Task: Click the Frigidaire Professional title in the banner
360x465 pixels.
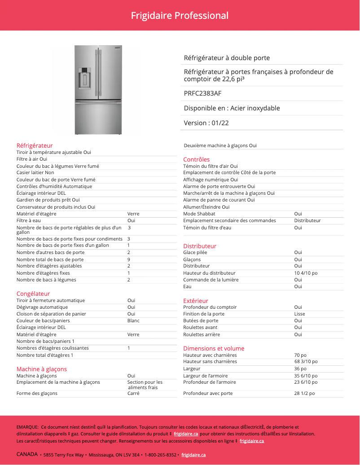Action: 180,16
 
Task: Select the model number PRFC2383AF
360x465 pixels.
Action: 202,93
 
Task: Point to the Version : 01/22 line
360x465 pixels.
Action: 206,123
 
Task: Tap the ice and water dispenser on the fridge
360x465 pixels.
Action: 84,78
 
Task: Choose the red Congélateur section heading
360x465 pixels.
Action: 33,294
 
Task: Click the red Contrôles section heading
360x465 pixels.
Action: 196,159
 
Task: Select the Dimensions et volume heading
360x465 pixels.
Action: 214,348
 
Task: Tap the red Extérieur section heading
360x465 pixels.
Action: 196,301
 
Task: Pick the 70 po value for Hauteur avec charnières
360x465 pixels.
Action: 300,355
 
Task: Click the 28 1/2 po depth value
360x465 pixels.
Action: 304,394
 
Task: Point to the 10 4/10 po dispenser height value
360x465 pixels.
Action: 306,273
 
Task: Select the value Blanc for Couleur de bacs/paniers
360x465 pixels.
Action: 133,321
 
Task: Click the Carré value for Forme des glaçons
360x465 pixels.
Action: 133,394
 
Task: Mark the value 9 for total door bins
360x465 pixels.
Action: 129,259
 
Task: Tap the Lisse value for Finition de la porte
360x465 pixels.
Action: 299,314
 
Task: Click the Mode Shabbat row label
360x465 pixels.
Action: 199,214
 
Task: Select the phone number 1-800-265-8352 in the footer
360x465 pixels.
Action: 160,455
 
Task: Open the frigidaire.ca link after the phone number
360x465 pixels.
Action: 193,455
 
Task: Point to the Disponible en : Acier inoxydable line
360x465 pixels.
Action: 232,108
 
